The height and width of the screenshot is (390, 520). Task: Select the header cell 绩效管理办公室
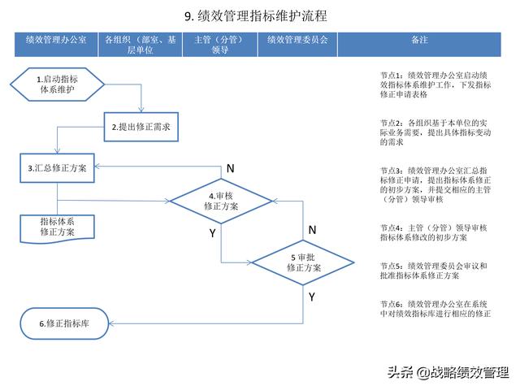[56, 45]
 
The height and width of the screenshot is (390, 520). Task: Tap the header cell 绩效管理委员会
[297, 45]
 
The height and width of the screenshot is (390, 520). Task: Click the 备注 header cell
[419, 45]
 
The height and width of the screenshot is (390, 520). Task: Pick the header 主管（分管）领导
[220, 45]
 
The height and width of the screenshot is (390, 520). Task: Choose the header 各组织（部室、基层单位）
[140, 45]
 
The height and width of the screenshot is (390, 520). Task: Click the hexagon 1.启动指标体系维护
[58, 84]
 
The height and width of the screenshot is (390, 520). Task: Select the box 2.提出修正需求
[141, 127]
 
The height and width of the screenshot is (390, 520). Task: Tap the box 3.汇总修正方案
[57, 168]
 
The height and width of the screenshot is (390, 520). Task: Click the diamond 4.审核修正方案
[221, 201]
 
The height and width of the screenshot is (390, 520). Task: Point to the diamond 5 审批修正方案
[303, 262]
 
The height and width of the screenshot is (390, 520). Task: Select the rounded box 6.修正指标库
[64, 323]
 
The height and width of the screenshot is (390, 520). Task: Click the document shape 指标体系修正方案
[57, 229]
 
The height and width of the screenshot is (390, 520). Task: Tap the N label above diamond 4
[231, 168]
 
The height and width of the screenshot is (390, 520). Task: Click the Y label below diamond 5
[312, 297]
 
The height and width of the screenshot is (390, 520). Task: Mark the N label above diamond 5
[312, 230]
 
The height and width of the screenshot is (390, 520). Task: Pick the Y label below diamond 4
[213, 233]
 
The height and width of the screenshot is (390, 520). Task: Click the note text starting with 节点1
[435, 84]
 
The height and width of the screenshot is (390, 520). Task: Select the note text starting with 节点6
[435, 309]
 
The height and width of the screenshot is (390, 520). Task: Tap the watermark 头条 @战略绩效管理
[448, 372]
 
